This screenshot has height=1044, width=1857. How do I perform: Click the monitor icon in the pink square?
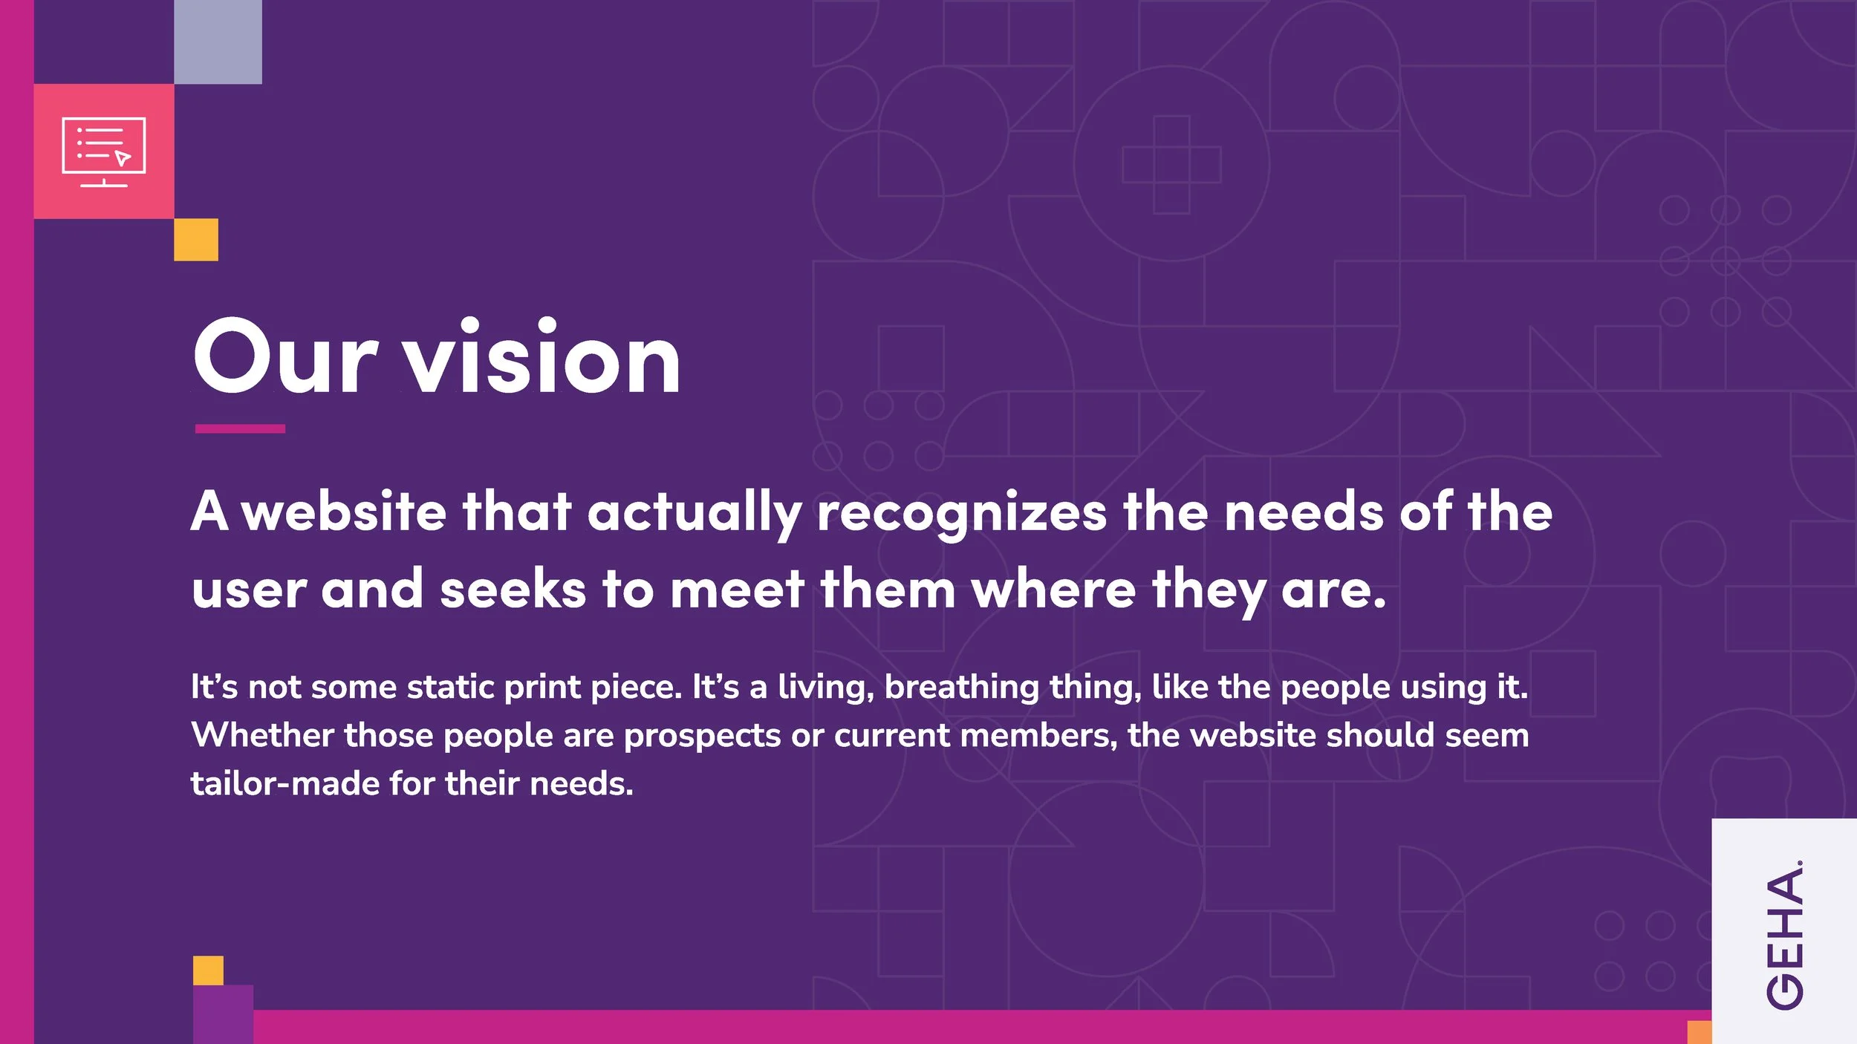coord(104,151)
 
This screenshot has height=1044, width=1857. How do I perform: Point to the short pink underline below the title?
coord(240,428)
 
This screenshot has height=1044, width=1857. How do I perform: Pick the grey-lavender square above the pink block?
coord(218,42)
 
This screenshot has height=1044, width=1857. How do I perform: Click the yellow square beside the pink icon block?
coord(196,239)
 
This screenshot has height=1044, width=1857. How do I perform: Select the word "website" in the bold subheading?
coord(344,512)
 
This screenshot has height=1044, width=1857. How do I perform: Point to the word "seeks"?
coord(513,590)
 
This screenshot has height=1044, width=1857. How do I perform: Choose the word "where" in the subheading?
coord(1053,590)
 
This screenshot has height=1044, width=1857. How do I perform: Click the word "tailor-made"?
coord(285,784)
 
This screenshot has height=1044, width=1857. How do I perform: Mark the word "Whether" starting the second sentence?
coord(262,735)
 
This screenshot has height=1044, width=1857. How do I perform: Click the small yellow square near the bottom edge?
coord(208,970)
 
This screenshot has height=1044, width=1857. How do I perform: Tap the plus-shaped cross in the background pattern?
coord(1171,165)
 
